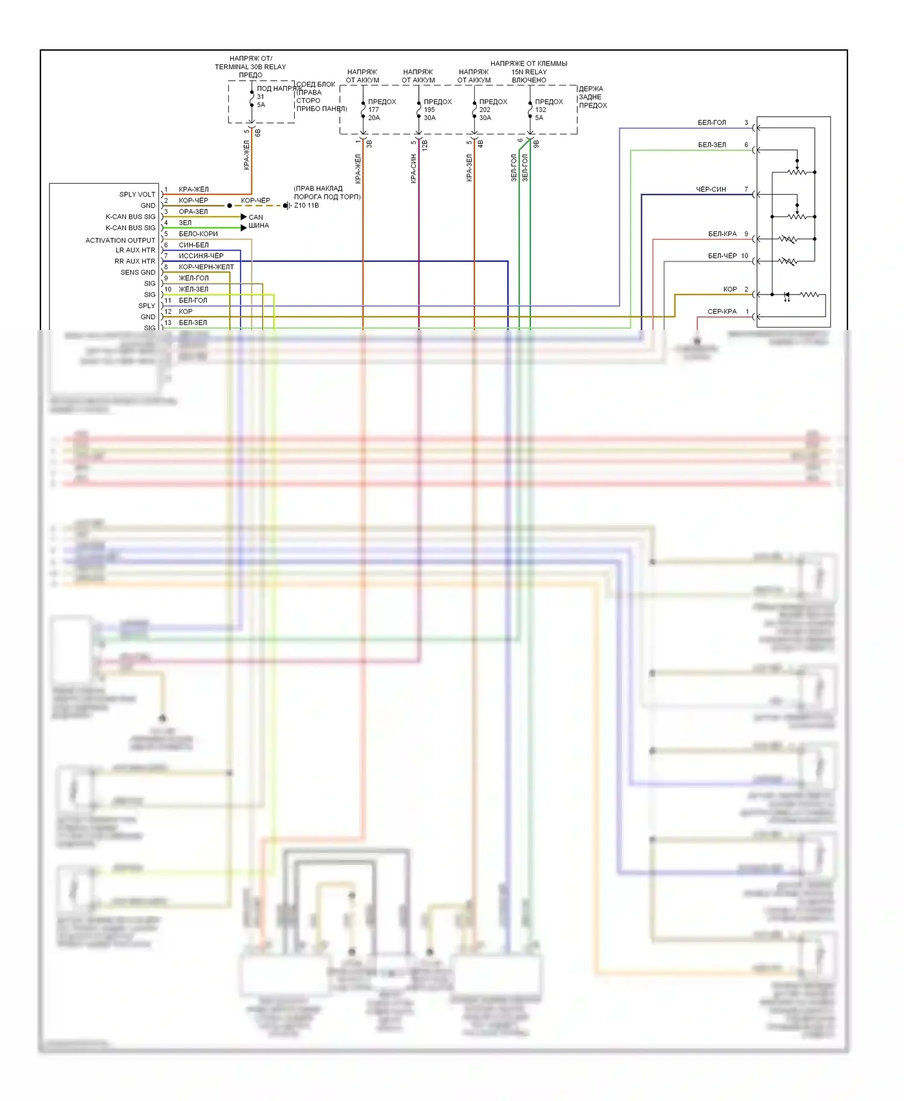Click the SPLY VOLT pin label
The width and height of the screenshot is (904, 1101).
pos(137,195)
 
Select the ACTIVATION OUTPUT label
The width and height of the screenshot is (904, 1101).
pos(120,240)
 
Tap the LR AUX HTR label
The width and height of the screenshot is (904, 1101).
pos(135,250)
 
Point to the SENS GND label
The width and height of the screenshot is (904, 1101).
pos(137,272)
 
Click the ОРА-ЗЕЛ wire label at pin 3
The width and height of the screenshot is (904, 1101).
pos(193,211)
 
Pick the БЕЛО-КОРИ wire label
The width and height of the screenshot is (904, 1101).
pos(198,234)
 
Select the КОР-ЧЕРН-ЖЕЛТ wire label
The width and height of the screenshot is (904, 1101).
pos(206,267)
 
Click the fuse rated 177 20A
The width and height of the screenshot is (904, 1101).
pos(363,110)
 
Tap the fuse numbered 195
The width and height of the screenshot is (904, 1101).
pos(419,110)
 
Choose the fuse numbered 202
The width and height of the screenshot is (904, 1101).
pos(475,110)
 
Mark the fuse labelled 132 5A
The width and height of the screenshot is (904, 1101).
pos(530,110)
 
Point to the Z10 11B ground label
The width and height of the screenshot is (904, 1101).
pos(306,205)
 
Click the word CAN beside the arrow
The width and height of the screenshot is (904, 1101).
pos(256,217)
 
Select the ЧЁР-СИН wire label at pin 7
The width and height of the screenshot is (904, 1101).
pos(711,189)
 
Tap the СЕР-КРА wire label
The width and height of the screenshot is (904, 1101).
pos(722,311)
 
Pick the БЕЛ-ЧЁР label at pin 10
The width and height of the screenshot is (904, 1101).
pos(722,256)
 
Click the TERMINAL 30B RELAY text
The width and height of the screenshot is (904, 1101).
pos(250,67)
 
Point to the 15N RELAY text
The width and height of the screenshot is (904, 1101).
pos(529,72)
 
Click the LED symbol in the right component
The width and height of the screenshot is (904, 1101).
pos(787,295)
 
